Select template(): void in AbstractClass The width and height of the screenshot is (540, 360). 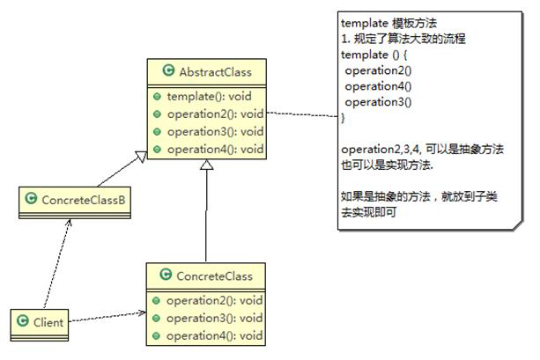pos(207,96)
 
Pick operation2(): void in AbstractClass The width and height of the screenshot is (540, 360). pos(214,114)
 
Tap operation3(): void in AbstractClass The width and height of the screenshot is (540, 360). pos(214,131)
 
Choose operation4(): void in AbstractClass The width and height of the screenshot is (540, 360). pos(214,149)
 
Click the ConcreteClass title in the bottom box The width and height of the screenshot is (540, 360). pos(213,276)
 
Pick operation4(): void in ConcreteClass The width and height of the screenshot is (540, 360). pos(214,334)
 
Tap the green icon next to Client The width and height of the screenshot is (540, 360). pos(22,322)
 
